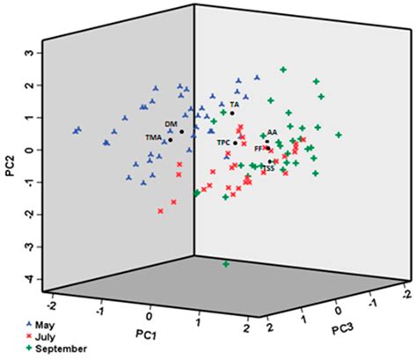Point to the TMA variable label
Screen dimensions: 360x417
click(x=155, y=137)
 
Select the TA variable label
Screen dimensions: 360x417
click(x=234, y=104)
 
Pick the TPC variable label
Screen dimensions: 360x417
click(x=223, y=143)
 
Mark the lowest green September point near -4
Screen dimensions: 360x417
click(x=226, y=264)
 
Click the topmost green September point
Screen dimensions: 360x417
click(x=283, y=70)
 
